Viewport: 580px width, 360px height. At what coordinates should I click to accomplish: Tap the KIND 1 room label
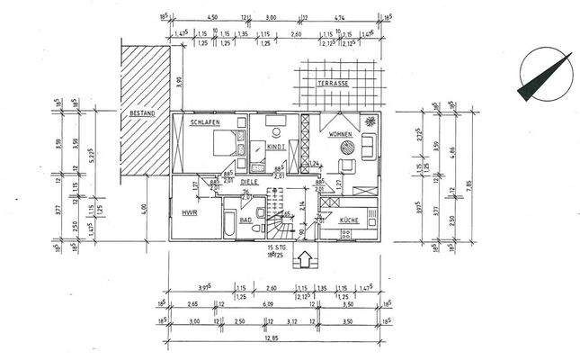pos(277,146)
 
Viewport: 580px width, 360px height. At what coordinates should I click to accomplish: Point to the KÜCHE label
pos(351,220)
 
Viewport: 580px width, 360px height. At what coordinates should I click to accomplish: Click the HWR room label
pos(189,214)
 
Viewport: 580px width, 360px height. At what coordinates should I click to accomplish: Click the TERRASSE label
pos(334,83)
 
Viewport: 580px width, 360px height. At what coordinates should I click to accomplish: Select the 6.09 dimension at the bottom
pos(269,304)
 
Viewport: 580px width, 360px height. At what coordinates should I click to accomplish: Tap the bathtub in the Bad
pos(229,223)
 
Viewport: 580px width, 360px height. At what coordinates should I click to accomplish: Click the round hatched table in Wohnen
pos(369,122)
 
